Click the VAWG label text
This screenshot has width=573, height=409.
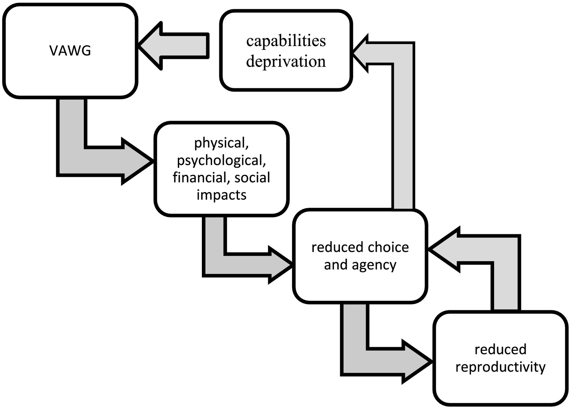click(x=70, y=51)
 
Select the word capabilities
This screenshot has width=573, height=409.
click(x=286, y=41)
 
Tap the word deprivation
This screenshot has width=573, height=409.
click(x=286, y=61)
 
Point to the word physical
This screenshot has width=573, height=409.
click(x=221, y=143)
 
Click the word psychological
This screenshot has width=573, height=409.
click(x=221, y=161)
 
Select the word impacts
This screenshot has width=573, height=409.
click(x=221, y=195)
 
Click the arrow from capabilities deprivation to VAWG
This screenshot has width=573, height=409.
click(x=174, y=46)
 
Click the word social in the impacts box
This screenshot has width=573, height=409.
click(x=252, y=178)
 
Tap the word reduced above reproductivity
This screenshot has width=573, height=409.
click(x=500, y=349)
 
